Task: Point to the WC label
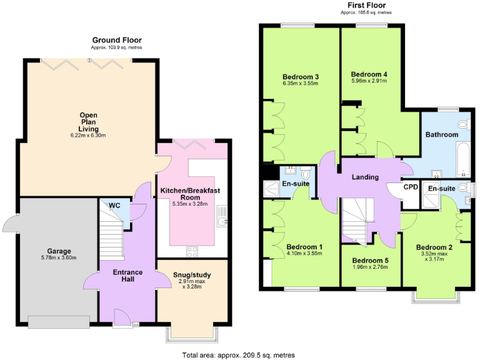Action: (114, 206)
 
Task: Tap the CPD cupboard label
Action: (411, 186)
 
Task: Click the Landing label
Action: (365, 177)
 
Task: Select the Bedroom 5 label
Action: (370, 260)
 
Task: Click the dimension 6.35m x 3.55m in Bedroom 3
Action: (301, 83)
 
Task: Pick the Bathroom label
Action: (442, 134)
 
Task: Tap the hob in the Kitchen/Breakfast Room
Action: (193, 251)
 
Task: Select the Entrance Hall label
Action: (127, 276)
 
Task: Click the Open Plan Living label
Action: (87, 124)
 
